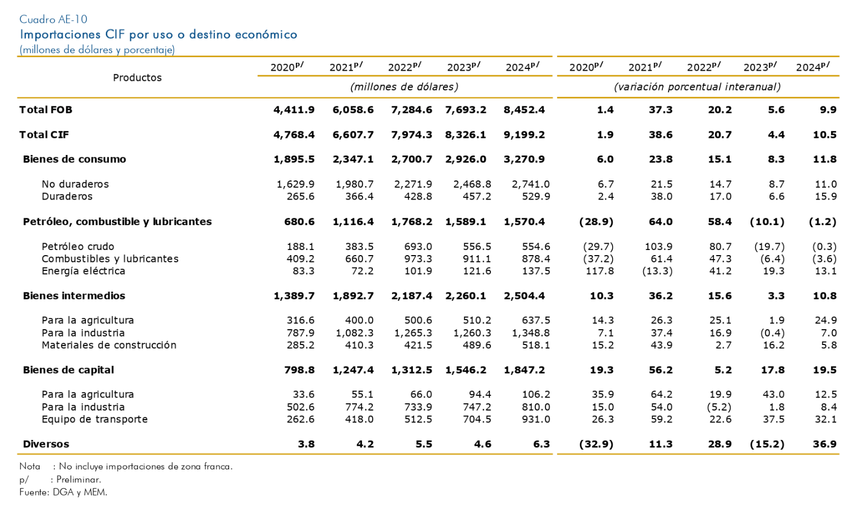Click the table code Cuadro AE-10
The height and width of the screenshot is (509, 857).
[x=53, y=19]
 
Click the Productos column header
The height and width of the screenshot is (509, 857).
[x=137, y=77]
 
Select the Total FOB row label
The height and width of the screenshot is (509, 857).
[x=45, y=110]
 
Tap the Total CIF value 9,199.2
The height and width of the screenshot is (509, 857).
[x=524, y=135]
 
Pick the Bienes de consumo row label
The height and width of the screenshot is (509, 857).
[x=74, y=159]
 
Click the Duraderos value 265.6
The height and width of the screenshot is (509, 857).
[x=300, y=196]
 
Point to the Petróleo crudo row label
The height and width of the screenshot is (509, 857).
[x=78, y=246]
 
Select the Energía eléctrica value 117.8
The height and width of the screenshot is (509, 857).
[x=600, y=271]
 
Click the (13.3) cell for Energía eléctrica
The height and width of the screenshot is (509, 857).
[x=657, y=271]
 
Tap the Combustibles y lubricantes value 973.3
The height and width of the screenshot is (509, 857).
[x=418, y=258]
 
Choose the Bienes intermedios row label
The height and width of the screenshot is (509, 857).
[x=74, y=296]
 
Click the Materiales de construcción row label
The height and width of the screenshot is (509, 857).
[x=109, y=345]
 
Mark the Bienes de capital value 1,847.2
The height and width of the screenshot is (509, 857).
[x=524, y=370]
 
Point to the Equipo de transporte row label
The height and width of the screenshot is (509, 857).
[x=94, y=419]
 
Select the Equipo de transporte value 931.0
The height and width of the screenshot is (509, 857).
[x=536, y=419]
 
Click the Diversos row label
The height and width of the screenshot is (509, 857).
[x=46, y=444]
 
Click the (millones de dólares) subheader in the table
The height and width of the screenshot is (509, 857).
[x=404, y=87]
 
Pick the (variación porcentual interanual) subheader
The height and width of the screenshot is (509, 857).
[x=697, y=87]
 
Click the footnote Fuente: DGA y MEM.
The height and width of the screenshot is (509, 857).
[x=63, y=492]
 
